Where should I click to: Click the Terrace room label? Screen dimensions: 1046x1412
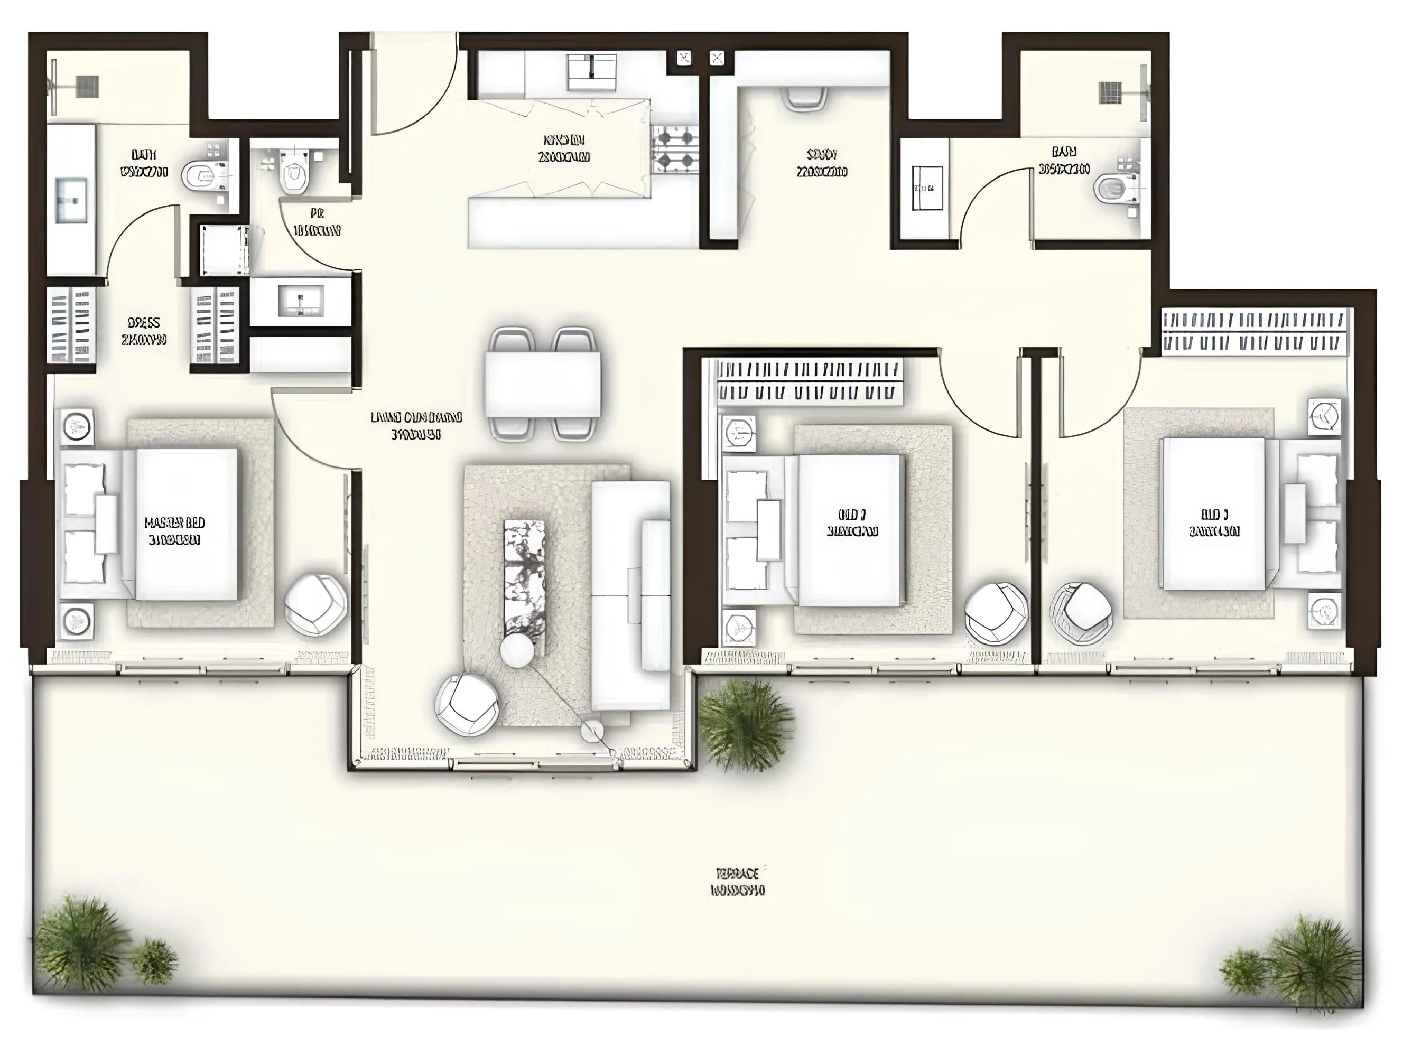[738, 883]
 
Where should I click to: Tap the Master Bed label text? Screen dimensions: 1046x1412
[175, 530]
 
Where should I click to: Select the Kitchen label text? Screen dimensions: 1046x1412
[563, 148]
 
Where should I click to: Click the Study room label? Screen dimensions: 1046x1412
[822, 163]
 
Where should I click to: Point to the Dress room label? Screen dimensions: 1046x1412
[144, 331]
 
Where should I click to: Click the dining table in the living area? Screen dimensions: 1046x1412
[543, 384]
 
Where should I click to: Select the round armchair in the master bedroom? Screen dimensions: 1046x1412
[315, 604]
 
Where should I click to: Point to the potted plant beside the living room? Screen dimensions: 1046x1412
[745, 724]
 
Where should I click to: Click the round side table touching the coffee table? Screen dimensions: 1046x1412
[517, 650]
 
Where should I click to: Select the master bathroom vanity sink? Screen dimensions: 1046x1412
[70, 200]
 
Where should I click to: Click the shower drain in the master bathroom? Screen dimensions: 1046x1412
[87, 87]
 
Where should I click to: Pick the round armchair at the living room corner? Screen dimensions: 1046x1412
[467, 705]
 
